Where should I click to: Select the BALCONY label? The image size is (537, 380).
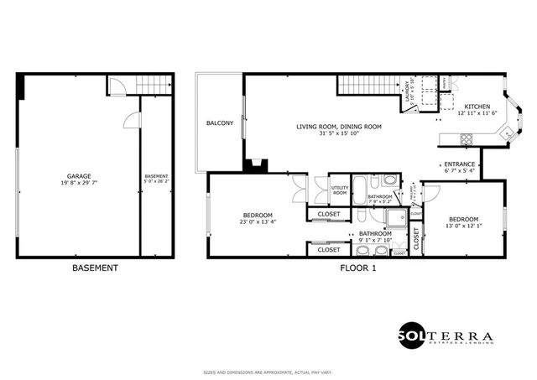click(x=220, y=123)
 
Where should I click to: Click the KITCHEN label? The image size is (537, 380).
click(x=477, y=107)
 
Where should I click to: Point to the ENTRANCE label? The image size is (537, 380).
click(x=459, y=164)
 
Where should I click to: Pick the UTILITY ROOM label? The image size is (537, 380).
click(x=340, y=190)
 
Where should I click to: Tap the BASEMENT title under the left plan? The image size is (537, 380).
click(x=95, y=268)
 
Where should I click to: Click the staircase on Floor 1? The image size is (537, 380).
click(x=365, y=84)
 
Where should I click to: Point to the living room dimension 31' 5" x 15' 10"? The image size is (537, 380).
click(x=339, y=133)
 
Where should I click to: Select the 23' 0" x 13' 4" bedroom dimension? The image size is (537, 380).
click(x=253, y=222)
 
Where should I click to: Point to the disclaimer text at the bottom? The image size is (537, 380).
click(x=268, y=372)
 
